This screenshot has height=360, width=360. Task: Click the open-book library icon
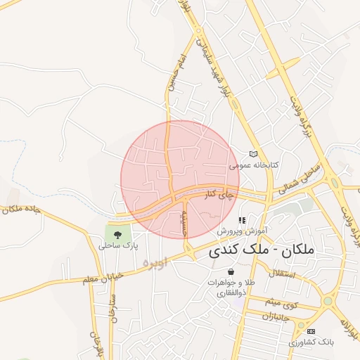[x=254, y=155]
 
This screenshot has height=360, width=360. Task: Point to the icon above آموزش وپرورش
[x=243, y=220]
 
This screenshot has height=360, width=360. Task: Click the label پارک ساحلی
[x=117, y=246]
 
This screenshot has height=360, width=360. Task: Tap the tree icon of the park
[x=117, y=234]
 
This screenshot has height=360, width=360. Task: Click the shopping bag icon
[x=231, y=272]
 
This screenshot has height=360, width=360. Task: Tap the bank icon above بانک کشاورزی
[x=311, y=331]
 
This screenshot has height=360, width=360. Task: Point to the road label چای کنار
[x=219, y=196]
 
